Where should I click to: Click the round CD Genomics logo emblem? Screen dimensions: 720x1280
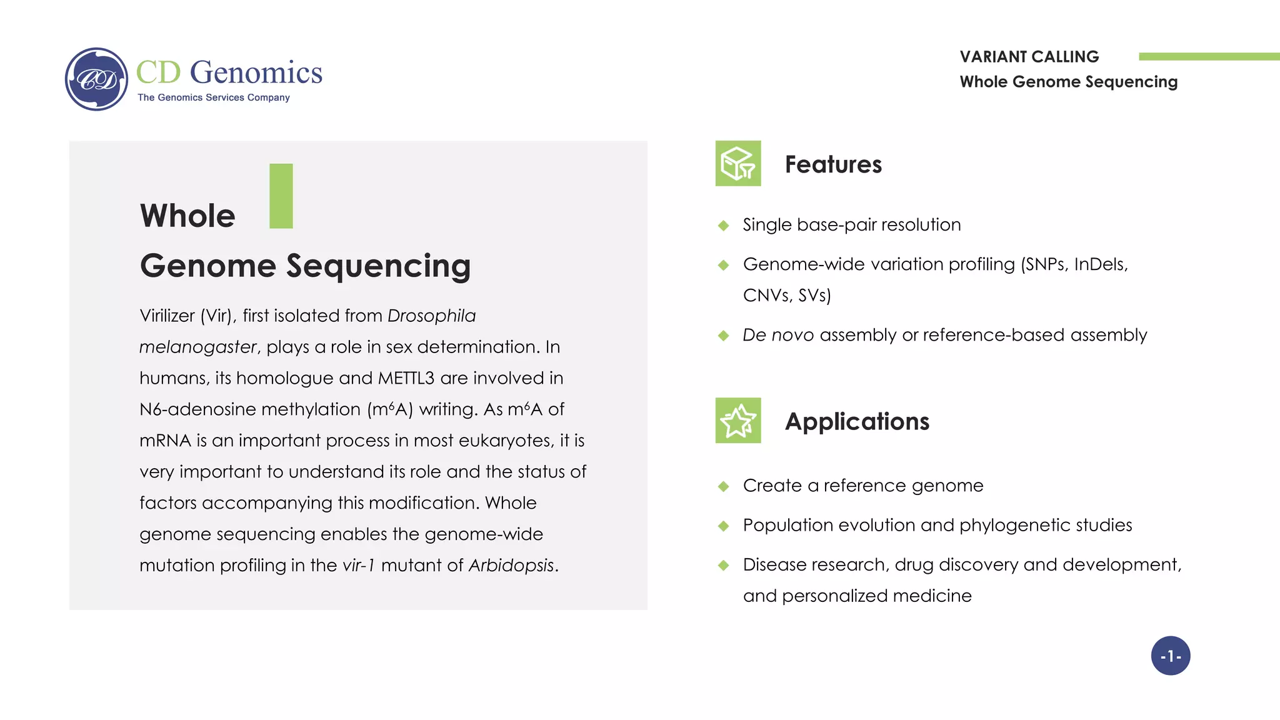96,79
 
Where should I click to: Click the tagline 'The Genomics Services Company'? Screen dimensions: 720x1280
214,97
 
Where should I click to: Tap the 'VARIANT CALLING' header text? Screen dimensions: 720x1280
1029,57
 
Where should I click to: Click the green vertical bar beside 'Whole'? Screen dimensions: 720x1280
281,196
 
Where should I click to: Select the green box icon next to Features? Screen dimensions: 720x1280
738,163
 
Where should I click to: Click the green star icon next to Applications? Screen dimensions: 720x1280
738,421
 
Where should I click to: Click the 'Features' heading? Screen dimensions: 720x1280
833,164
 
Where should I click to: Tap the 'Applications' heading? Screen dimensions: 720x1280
857,422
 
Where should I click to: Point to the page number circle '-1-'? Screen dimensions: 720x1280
1171,656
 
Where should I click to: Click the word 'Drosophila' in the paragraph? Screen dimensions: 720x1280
431,316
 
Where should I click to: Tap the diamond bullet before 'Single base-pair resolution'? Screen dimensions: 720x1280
724,226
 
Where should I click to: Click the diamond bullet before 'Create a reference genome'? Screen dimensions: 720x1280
724,486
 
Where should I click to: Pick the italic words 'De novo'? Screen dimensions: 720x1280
778,335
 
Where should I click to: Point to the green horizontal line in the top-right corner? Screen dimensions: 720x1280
1209,57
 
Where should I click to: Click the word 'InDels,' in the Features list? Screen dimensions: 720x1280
1101,264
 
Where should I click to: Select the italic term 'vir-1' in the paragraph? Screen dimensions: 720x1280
359,566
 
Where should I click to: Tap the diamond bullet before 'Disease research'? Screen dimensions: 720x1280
724,566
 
